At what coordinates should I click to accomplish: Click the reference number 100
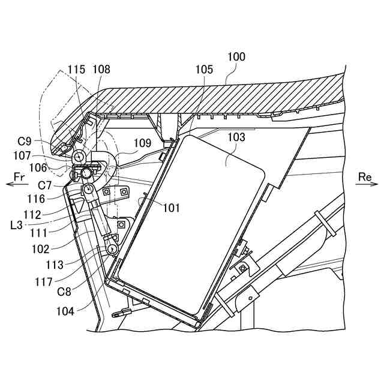[236, 57]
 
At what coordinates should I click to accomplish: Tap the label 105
[204, 70]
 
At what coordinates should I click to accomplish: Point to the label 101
[172, 208]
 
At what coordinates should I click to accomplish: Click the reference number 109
[143, 143]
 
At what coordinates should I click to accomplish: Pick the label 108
[101, 70]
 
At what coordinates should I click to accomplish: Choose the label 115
[77, 70]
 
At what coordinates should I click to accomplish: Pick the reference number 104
[66, 311]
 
